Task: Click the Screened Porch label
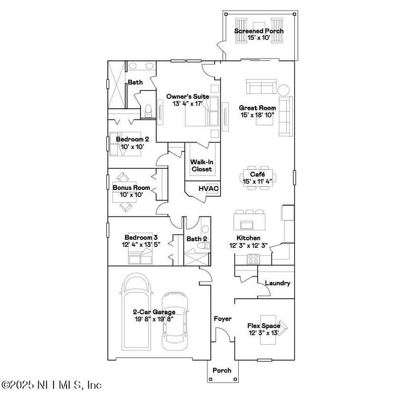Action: [x=259, y=31]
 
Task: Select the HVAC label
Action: [x=208, y=188]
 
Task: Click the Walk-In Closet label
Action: [x=201, y=166]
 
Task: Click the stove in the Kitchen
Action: [x=252, y=259]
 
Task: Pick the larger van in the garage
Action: [x=136, y=312]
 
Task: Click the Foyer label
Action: [x=223, y=319]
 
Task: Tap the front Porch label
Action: [x=222, y=370]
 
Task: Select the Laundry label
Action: [x=278, y=284]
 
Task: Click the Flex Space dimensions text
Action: [x=263, y=333]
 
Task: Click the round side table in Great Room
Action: [x=284, y=90]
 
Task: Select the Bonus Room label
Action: [x=128, y=187]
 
